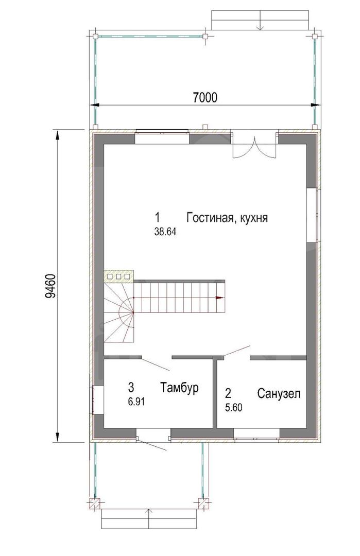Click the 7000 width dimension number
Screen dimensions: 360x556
pos(205,97)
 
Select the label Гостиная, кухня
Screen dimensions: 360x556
pos(227,217)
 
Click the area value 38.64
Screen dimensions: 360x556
pos(165,232)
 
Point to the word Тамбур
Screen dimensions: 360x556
pos(179,387)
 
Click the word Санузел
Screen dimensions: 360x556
pos(279,394)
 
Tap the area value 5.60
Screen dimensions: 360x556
pos(234,408)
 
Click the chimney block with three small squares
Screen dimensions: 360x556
pos(118,275)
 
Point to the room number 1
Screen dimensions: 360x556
pos(157,217)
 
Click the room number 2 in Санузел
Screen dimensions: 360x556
pos(228,393)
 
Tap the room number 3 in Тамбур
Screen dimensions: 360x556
pos(131,387)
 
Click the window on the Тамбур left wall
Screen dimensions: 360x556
pos(98,399)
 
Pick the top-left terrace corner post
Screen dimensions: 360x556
pos(95,36)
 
